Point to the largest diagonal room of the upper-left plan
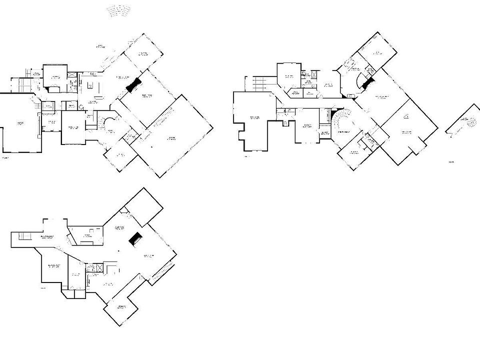[175, 135]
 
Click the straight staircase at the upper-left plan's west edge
[22, 83]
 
